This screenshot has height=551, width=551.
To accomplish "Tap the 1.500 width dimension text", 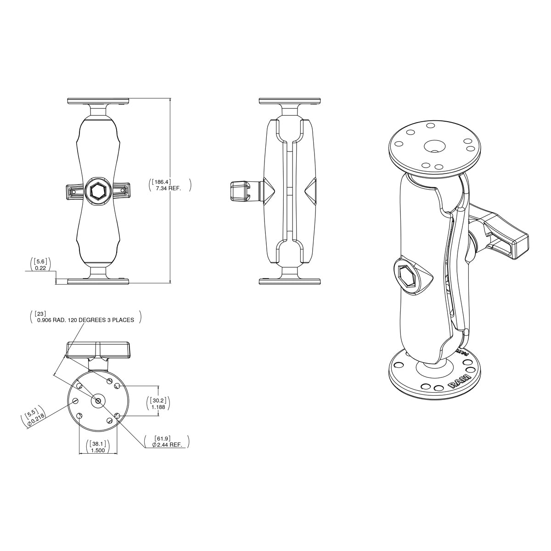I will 97,450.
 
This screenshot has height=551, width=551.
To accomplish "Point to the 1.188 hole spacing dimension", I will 158,406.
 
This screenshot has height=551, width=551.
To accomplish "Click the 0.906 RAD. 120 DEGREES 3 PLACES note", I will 85,320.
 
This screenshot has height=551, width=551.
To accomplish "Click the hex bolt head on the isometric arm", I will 407,277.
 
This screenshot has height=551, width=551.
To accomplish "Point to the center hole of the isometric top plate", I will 434,146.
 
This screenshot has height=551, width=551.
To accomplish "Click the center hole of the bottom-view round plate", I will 98,401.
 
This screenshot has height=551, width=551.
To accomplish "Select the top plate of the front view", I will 98,101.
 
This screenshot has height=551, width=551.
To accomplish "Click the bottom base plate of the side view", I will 289,281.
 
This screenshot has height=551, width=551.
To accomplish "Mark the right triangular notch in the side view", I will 311,190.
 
